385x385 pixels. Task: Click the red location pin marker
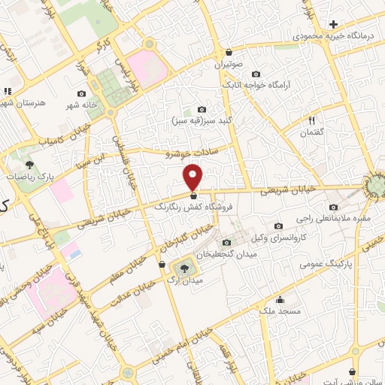tap(194, 177)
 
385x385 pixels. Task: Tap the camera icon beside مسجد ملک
tap(279, 298)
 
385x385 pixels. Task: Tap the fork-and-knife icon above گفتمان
tap(311, 120)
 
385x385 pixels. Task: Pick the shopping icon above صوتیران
tap(228, 52)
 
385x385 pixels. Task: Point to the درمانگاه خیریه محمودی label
tap(333, 36)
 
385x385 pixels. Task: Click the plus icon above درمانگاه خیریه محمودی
tap(334, 24)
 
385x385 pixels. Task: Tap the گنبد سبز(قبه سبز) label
tap(201, 120)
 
